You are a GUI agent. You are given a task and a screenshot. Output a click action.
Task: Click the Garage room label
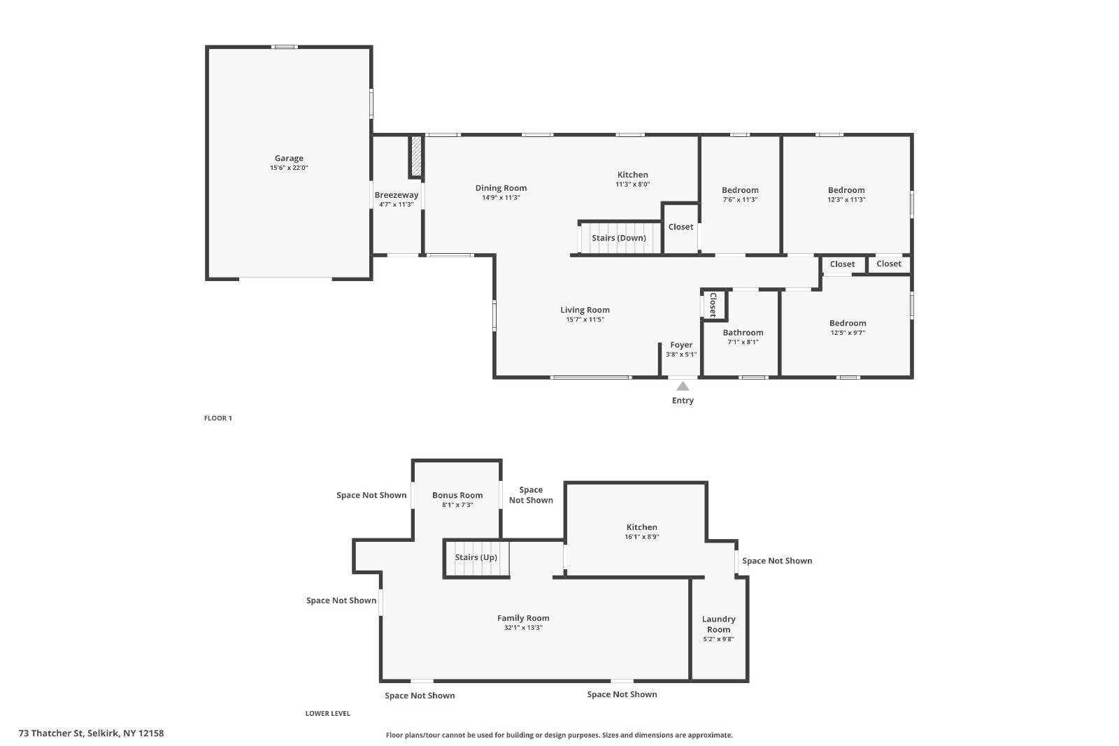tap(289, 159)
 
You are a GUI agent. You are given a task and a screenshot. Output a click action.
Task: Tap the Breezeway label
tap(396, 195)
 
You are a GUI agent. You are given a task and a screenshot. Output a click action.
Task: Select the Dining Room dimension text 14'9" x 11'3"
tap(501, 198)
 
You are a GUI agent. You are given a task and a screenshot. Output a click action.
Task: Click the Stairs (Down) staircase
tap(619, 238)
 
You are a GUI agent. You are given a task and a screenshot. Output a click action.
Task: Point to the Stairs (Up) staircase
tap(476, 558)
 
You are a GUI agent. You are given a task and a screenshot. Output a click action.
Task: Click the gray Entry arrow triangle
tap(683, 386)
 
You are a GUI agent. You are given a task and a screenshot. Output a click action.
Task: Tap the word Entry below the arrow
tap(683, 401)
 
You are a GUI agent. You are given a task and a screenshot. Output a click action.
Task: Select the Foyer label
tap(681, 345)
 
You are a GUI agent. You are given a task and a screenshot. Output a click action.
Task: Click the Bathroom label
tap(743, 333)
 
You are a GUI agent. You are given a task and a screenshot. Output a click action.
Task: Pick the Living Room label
tap(585, 310)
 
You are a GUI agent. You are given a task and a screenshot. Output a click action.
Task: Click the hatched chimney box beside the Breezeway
tap(416, 157)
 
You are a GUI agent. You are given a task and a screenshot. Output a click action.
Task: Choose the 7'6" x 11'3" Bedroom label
tap(740, 190)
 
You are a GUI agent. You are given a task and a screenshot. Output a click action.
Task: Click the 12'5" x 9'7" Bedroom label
tap(848, 323)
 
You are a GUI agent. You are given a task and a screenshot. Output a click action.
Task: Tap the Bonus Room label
tap(457, 495)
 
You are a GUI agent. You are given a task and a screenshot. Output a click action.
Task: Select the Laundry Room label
tap(718, 624)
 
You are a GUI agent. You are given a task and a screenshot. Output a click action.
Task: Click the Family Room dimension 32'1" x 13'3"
tap(523, 628)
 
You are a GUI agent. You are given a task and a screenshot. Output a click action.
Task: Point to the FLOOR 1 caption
tap(218, 418)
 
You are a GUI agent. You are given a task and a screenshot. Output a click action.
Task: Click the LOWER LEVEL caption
tap(327, 713)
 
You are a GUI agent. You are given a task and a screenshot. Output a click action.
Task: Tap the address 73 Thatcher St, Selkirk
tap(91, 733)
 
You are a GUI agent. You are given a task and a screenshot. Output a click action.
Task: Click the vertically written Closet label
tap(713, 305)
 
